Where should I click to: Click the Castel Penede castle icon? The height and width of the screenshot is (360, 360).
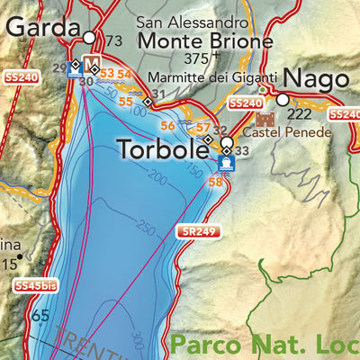[x=265, y=119]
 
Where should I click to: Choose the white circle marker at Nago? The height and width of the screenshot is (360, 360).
[x=282, y=100]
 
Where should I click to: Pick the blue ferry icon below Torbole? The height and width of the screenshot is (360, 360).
[x=225, y=163]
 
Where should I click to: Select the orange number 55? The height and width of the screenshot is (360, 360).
[x=126, y=102]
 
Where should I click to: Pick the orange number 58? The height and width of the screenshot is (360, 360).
[x=215, y=183]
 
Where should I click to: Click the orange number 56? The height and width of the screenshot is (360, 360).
[x=167, y=125]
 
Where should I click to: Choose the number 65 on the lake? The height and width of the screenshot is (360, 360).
[x=40, y=316]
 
